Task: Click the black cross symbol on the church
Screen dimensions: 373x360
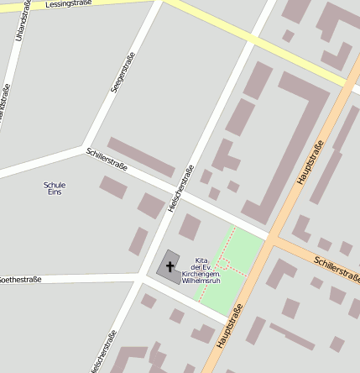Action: (x=170, y=268)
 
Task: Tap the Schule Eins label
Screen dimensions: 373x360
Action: (x=55, y=188)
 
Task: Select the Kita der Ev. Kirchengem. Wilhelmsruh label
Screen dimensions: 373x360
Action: (x=201, y=271)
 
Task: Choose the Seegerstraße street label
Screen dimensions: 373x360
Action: (x=117, y=74)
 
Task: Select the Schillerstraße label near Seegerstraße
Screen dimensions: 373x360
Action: (x=106, y=159)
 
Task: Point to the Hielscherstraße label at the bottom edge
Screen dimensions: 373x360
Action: (x=102, y=353)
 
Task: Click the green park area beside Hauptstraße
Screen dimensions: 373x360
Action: (x=243, y=252)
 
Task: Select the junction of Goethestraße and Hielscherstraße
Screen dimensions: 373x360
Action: (x=139, y=276)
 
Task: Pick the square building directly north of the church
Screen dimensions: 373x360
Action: (x=190, y=226)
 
